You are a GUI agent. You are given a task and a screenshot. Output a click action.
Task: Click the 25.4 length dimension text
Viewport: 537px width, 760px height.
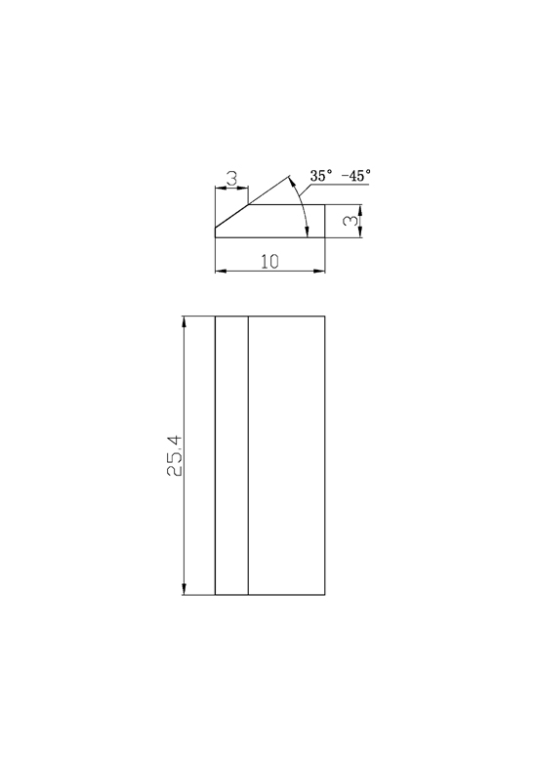point(174,455)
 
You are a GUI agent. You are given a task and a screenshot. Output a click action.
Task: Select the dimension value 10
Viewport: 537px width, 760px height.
point(269,262)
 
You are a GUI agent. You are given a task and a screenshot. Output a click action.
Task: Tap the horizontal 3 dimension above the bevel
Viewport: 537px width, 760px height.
point(232,179)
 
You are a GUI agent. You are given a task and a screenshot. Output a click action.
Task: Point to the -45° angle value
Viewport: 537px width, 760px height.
point(356,175)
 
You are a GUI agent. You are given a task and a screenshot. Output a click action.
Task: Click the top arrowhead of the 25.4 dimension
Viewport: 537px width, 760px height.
point(184,321)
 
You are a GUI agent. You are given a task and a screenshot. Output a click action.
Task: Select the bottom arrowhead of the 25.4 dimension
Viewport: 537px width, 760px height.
point(184,589)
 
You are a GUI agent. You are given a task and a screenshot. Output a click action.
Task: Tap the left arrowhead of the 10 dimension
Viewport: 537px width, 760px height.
point(221,271)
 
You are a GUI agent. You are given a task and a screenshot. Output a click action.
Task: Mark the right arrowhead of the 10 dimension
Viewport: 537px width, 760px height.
point(319,271)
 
